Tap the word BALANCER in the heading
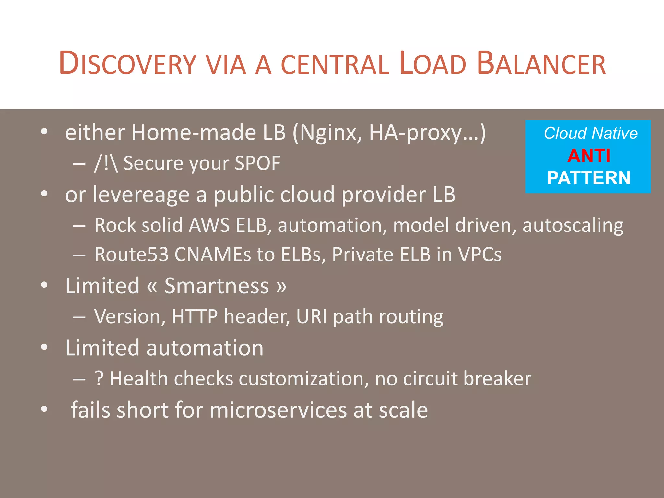(541, 64)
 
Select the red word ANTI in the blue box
(589, 156)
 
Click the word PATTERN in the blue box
(589, 178)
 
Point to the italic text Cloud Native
(591, 133)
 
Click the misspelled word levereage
(141, 195)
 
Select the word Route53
(131, 255)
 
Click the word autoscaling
(573, 226)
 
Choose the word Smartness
(217, 286)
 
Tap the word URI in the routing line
(312, 317)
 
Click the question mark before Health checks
(99, 379)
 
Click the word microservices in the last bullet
(279, 410)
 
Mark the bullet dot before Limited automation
(44, 347)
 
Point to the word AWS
(209, 225)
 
